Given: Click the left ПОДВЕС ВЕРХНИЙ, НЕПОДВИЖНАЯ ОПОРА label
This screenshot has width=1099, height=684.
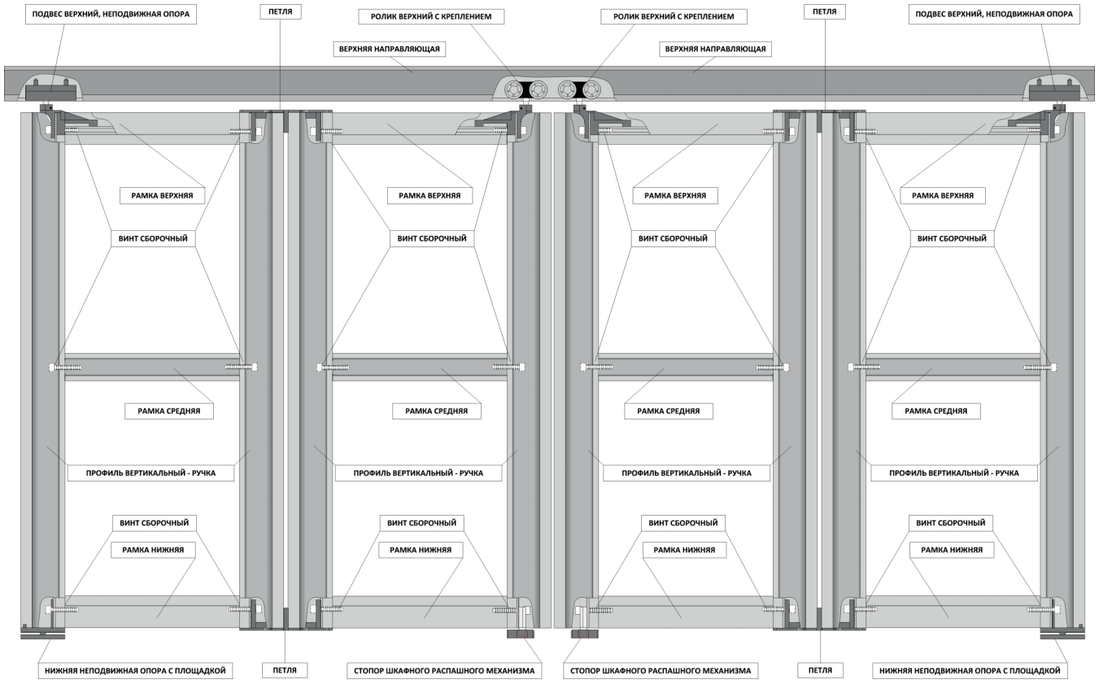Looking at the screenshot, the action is pos(111,14).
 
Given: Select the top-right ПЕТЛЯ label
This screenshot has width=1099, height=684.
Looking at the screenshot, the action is pos(824,11).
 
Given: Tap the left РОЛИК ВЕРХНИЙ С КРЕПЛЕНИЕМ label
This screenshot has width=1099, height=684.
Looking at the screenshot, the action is pos(431,17).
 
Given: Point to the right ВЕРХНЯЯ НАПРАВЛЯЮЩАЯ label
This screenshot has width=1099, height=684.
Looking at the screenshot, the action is pos(715,49).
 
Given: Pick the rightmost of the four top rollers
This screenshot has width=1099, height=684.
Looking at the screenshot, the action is pos(591,89).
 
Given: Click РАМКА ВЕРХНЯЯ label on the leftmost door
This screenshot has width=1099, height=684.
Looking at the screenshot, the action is pos(162,196).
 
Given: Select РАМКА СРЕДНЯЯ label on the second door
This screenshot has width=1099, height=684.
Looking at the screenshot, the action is pos(436,412).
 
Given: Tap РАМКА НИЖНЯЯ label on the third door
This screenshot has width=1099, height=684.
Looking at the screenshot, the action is pos(684,550).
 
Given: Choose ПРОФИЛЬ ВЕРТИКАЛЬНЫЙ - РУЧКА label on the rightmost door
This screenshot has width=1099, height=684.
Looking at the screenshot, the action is pos(953,473).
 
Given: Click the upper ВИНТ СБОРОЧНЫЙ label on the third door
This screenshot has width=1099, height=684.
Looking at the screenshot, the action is pos(673,238).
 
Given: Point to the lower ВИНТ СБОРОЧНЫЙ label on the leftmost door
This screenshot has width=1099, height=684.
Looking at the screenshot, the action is pos(154,523).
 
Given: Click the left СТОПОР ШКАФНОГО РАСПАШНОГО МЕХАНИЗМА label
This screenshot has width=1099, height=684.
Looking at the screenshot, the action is pos(444,671).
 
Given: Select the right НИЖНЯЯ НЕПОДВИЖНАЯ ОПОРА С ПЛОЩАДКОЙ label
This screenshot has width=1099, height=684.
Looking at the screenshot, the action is pos(970,671).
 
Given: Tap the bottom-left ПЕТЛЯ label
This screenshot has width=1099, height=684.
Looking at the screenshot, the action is pos(285,670).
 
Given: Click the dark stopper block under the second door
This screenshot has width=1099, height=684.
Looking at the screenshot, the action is pos(521,634).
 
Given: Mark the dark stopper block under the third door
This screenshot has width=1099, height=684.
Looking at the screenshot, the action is pos(584,634).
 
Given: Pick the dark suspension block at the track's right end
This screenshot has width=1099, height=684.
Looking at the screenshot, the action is pos(1051,91).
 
